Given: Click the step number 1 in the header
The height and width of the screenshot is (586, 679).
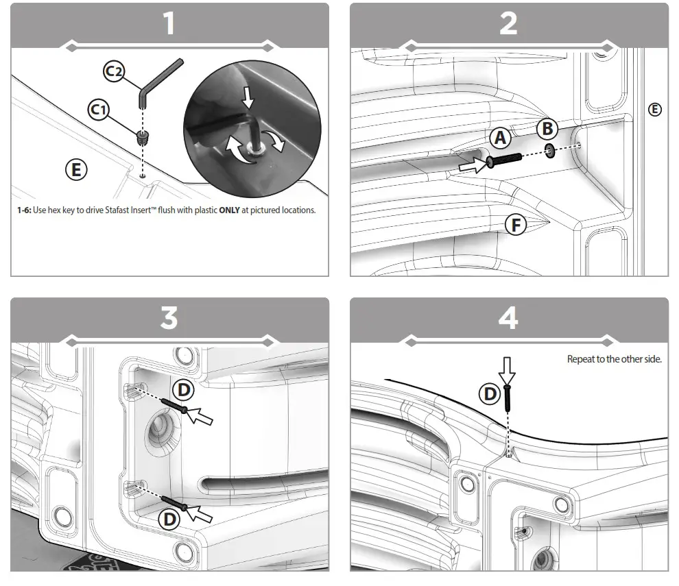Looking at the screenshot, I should point(169,24).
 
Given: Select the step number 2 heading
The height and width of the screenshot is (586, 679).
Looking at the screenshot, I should point(508,24).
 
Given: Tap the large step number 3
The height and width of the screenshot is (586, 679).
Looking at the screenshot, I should point(169,319).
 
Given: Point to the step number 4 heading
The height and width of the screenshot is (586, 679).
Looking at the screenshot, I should point(508,319).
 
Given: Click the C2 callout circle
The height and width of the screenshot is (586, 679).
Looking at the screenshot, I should point(114,71).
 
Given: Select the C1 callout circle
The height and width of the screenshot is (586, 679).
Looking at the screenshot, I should point(99,109).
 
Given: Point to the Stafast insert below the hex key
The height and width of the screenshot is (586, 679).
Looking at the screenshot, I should point(143,136).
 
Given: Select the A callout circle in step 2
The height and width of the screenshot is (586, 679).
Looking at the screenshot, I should point(501,138).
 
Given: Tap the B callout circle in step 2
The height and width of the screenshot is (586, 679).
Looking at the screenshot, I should point(547,128).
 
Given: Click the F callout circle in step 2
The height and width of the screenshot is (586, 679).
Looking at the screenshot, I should point(516,224).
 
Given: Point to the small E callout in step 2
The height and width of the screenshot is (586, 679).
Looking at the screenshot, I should point(655,109).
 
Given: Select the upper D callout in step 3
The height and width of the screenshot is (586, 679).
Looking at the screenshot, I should point(184,390).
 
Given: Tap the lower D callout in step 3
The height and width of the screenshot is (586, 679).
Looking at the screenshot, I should point(168,519).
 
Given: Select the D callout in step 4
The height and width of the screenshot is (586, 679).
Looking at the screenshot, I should point(490,393).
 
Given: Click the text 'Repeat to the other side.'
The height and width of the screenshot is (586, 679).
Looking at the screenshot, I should point(614,359).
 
